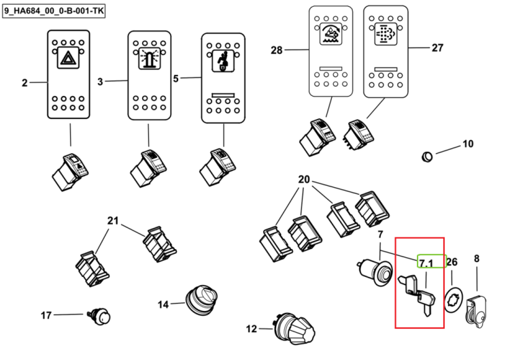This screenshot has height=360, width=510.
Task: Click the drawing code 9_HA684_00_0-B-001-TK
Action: tap(54, 11)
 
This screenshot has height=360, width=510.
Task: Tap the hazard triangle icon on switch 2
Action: tap(68, 58)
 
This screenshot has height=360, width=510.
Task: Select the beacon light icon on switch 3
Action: tap(150, 59)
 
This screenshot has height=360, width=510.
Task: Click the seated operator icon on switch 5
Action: tap(223, 61)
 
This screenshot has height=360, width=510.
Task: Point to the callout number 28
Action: tap(277, 50)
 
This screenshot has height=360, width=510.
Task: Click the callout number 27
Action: tap(437, 48)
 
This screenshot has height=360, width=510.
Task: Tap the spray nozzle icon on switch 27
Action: tap(386, 34)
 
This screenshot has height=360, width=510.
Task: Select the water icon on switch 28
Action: tap(330, 34)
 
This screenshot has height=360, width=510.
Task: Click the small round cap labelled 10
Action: tap(427, 157)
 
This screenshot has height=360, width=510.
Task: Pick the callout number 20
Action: tap(304, 180)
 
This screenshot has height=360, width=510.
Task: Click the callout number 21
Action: tap(113, 221)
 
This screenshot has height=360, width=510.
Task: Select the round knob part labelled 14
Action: tap(201, 300)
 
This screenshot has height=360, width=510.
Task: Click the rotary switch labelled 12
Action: tap(294, 329)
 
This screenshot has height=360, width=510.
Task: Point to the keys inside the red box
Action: tap(418, 295)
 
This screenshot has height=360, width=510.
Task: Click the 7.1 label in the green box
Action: tap(426, 263)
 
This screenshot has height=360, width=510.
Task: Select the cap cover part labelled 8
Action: tap(477, 310)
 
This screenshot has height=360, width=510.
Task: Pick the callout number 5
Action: tap(175, 79)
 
